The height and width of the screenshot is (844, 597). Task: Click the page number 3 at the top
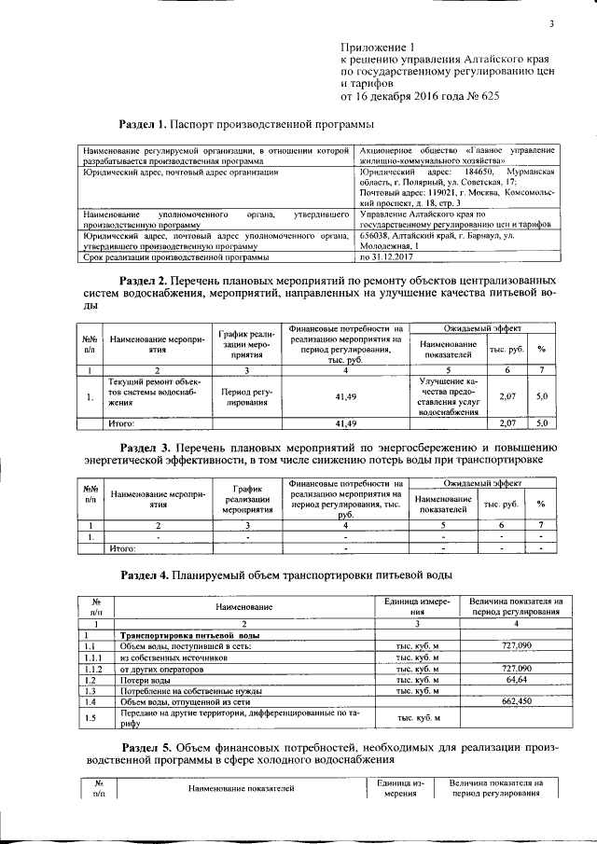point(551,24)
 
